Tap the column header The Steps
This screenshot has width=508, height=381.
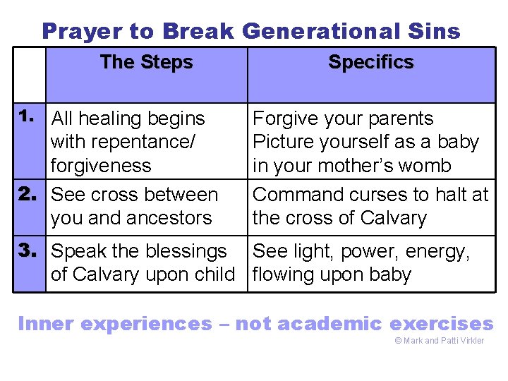(x=146, y=62)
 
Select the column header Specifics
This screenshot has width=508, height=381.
(x=370, y=62)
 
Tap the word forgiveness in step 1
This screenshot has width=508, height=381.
(x=101, y=166)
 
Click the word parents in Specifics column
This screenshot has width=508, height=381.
(x=399, y=119)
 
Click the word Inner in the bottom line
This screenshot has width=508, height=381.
(x=46, y=324)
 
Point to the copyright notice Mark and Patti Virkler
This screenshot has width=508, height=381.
(x=439, y=341)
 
